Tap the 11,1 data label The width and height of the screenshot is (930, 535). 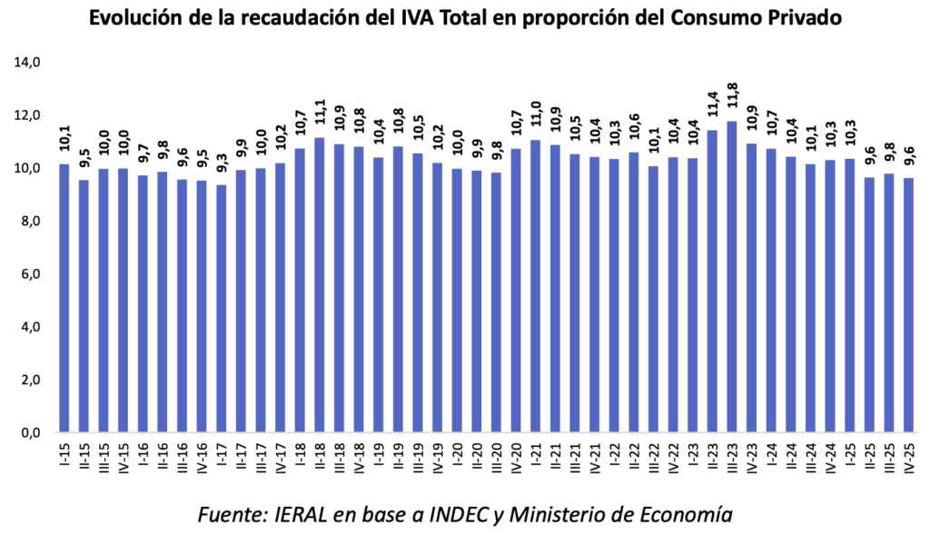point(320,117)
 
